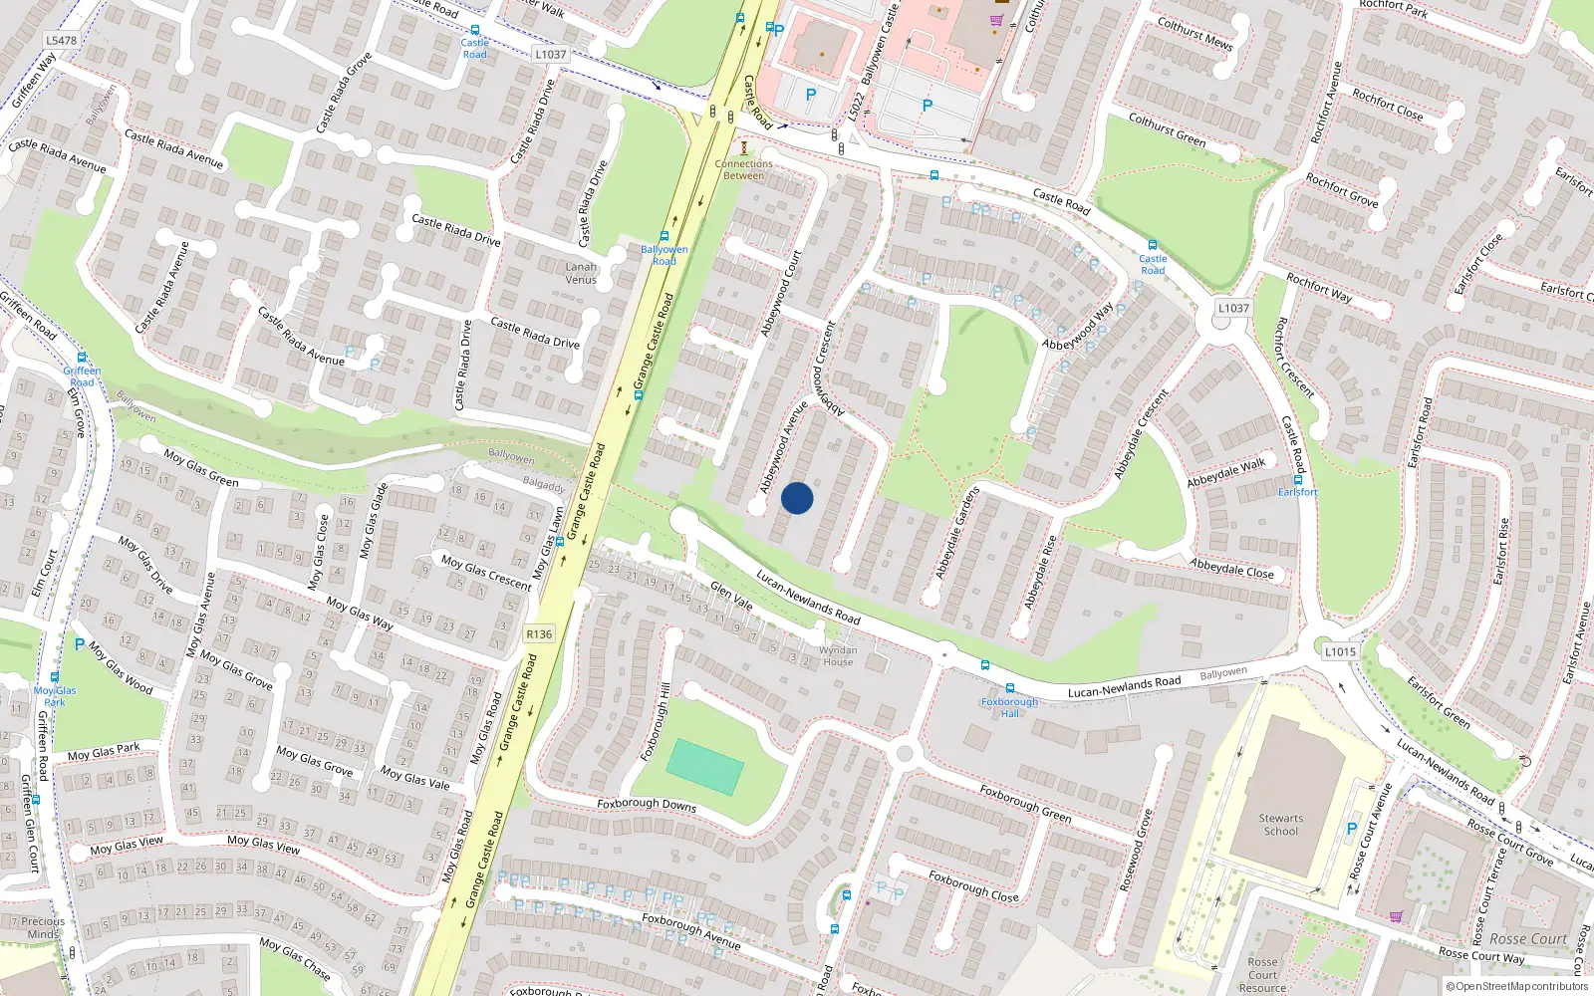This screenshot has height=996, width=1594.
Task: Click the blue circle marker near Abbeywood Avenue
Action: pos(797,498)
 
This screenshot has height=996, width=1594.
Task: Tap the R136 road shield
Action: pos(539,634)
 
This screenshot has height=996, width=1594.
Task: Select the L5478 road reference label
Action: pos(61,41)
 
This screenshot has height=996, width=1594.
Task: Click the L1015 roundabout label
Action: pos(1340,651)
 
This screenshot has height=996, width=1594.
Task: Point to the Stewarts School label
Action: pos(1281,825)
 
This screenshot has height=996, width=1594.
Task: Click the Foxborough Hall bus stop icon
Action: pos(1009,688)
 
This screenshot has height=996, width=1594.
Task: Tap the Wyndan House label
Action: pos(838,655)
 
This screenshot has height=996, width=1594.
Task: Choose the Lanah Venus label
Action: pos(581,273)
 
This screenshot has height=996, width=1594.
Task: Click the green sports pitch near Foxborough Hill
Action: pos(704,767)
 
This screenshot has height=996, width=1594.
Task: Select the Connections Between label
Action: pos(743,169)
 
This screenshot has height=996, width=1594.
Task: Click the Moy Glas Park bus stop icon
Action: pos(55,677)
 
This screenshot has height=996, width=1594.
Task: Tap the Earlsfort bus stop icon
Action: pos(1297,479)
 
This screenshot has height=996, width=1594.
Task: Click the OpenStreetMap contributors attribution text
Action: pos(1521,986)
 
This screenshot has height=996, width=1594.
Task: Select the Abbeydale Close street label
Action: pos(1231,568)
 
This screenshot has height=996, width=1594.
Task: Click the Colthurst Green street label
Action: pos(1167,129)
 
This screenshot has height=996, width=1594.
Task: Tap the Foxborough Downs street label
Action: pos(647,804)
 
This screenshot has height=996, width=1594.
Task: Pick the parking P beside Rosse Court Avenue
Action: pos(1352,828)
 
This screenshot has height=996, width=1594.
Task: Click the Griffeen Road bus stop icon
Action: pos(83,358)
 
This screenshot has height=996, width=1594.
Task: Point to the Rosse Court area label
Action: pos(1528,939)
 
